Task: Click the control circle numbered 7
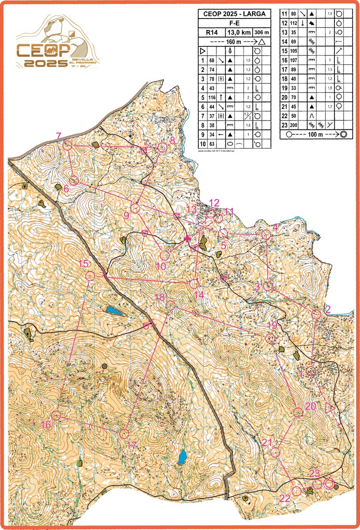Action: tap(68, 145)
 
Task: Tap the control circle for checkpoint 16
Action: tap(56, 416)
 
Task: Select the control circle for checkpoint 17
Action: tap(124, 434)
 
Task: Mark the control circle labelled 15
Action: tap(90, 276)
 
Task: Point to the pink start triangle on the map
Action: tap(329, 407)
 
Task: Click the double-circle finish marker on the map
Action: tap(328, 484)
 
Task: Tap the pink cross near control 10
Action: tap(187, 238)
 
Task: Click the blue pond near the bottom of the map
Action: tap(182, 458)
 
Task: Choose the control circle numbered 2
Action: tap(316, 314)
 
